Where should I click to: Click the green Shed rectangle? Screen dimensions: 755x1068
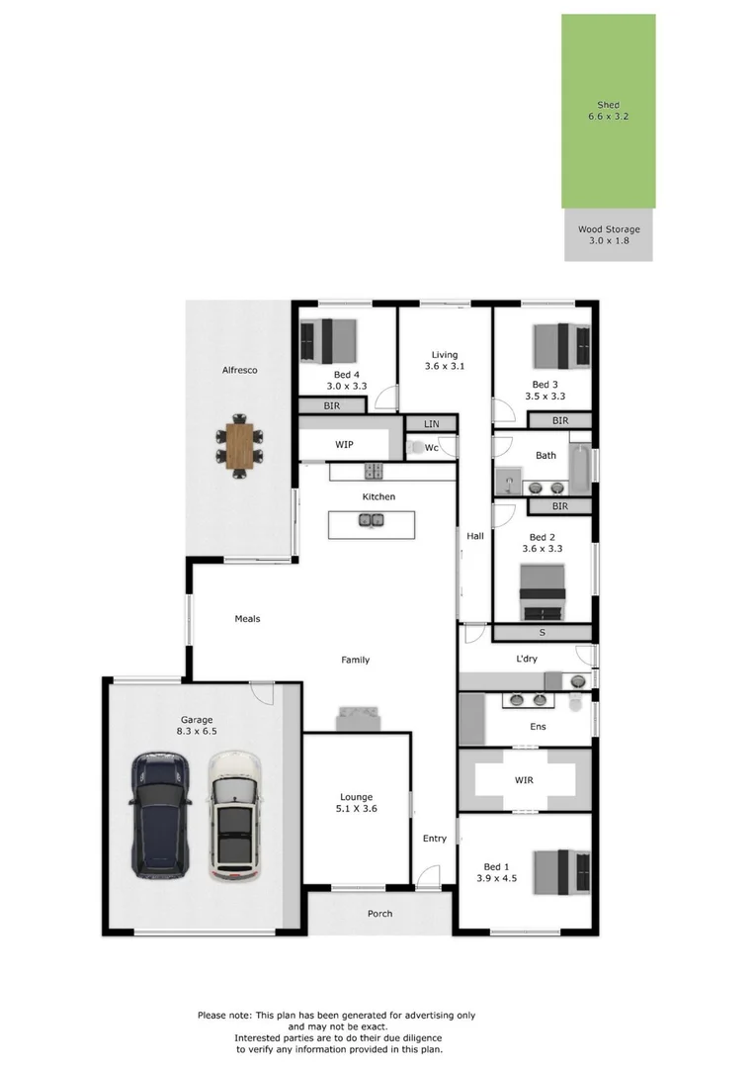tap(609, 111)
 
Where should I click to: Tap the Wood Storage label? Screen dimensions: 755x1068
tap(609, 235)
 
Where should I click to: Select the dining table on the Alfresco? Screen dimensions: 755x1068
tap(239, 445)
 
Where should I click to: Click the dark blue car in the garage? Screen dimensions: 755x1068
tap(160, 815)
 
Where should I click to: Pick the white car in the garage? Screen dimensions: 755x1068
tap(234, 816)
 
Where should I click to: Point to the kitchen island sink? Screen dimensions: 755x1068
tap(372, 521)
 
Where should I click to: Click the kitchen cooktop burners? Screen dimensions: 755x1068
tap(374, 471)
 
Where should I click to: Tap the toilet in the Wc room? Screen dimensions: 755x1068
tap(414, 448)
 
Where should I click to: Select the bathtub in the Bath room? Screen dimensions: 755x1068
tap(580, 469)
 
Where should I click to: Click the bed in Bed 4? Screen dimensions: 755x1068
tap(329, 340)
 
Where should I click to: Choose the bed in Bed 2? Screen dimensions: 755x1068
tap(543, 592)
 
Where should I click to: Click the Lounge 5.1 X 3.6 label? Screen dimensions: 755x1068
tap(356, 802)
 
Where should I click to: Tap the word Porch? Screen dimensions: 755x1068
tap(379, 914)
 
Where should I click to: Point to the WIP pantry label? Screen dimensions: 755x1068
tap(344, 444)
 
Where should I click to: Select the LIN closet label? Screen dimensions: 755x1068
tap(432, 423)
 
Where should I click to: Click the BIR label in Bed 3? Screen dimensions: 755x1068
tap(560, 421)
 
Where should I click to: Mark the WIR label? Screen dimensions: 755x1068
tap(524, 780)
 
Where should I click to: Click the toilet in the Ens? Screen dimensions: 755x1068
tap(576, 702)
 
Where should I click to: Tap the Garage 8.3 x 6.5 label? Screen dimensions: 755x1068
tap(197, 726)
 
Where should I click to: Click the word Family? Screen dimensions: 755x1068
tap(356, 660)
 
